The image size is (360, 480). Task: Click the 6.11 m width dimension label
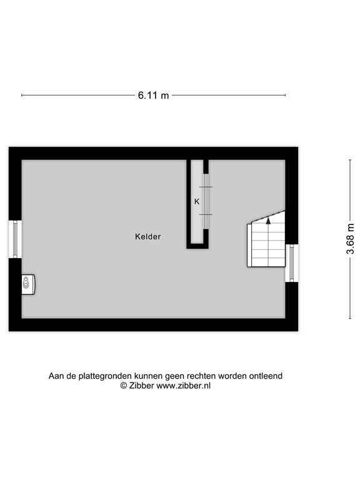click(153, 96)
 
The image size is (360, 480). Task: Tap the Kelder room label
click(148, 237)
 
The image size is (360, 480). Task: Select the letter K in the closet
click(196, 201)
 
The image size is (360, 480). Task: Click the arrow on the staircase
click(268, 220)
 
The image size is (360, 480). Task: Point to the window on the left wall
click(15, 238)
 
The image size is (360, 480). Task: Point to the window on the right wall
click(290, 263)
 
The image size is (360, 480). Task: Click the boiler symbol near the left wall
click(27, 284)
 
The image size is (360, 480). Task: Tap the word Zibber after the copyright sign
click(141, 386)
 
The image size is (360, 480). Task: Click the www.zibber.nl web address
click(183, 386)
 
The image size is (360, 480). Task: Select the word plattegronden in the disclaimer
click(101, 376)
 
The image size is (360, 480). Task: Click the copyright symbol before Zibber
click(124, 386)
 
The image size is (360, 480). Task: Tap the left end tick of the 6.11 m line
click(22, 96)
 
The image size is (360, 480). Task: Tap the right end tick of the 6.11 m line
click(286, 96)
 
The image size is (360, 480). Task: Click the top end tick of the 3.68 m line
click(349, 160)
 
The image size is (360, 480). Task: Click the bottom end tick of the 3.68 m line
click(349, 318)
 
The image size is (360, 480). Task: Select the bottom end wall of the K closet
click(197, 246)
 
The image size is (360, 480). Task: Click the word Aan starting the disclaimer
click(57, 376)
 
